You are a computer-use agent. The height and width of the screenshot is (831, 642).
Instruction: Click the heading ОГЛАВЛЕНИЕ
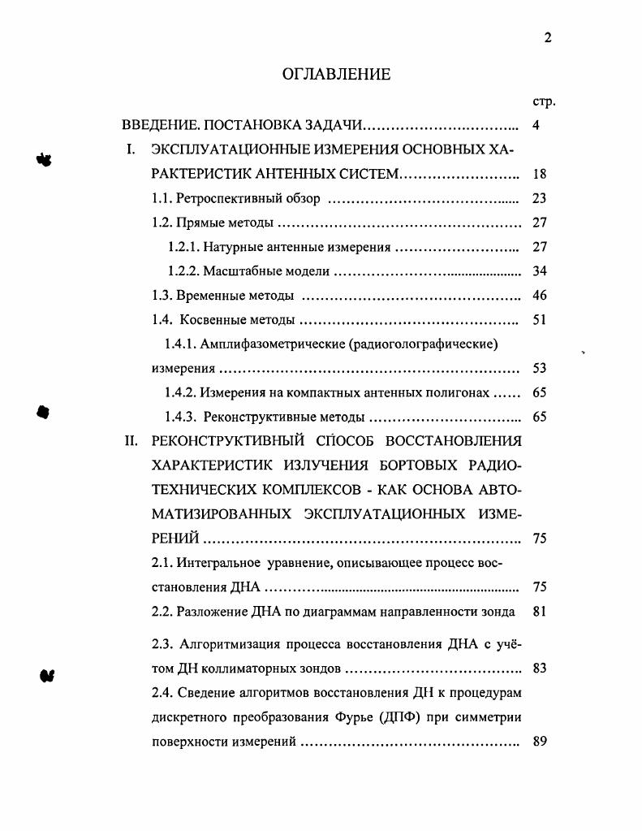point(336,75)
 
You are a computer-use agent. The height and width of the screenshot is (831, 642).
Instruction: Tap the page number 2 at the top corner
point(549,37)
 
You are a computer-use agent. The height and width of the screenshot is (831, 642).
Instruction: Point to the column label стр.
point(543,102)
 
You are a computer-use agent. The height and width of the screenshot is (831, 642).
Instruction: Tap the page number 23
point(540,198)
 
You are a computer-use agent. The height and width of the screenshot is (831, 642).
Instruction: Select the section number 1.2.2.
point(183,271)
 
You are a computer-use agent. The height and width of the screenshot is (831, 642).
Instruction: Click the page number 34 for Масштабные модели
point(540,271)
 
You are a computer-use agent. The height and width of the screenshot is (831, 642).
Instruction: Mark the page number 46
point(540,296)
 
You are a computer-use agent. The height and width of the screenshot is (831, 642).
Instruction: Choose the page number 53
point(540,369)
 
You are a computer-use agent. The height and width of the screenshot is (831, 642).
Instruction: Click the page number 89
point(540,741)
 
